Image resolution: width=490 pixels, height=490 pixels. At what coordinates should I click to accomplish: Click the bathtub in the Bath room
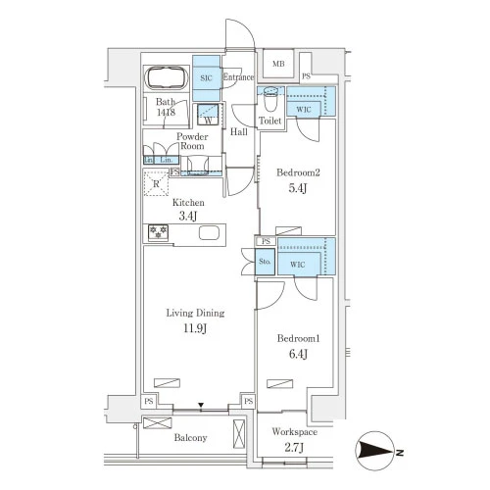tap(167, 78)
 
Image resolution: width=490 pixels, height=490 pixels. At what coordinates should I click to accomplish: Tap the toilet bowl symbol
tap(270, 99)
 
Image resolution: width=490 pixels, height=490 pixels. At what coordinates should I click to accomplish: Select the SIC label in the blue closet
tap(206, 78)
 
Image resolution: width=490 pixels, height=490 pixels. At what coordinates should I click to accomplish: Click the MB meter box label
tap(278, 64)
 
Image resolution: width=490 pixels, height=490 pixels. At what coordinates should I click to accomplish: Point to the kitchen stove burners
tap(159, 232)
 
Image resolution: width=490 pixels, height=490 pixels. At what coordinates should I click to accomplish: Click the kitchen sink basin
tap(210, 233)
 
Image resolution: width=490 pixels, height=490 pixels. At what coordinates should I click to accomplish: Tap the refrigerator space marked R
tap(156, 183)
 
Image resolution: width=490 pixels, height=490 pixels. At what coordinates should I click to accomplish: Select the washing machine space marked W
tap(208, 115)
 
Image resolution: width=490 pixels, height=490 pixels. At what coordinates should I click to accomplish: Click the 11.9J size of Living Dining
tap(195, 328)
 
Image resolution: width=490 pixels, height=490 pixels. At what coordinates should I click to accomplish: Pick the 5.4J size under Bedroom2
tap(298, 188)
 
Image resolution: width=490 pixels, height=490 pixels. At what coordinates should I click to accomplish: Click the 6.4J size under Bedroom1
tap(298, 354)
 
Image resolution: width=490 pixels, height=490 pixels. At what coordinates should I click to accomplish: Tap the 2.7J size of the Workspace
tap(294, 447)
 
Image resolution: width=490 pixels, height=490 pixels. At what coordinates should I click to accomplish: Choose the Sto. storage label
tap(265, 262)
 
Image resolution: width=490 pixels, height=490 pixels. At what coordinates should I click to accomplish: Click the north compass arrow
tap(375, 452)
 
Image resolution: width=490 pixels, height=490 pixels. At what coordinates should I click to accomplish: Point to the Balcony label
tap(190, 438)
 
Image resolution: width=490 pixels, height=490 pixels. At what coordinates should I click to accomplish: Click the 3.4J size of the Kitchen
tap(188, 216)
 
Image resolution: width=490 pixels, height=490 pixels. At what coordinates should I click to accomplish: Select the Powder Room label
tap(192, 141)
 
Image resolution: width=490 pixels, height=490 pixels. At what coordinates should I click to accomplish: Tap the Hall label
tap(239, 132)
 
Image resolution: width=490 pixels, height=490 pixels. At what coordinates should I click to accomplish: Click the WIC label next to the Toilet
tap(304, 110)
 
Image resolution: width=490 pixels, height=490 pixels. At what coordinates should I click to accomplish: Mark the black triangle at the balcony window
tap(201, 406)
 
